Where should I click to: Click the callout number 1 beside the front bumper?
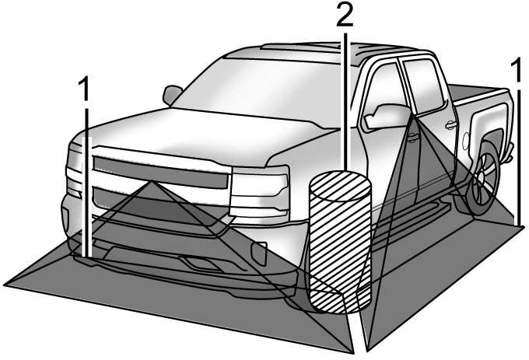(x=84, y=89)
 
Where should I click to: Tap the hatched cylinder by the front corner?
(x=340, y=242)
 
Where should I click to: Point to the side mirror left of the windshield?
(x=171, y=94)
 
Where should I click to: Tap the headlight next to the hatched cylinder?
(x=259, y=191)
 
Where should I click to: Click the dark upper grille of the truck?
(x=160, y=173)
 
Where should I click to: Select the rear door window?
(x=422, y=87)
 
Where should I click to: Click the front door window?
(x=384, y=98)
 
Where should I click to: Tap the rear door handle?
(x=450, y=125)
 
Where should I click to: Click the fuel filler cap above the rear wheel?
(x=466, y=141)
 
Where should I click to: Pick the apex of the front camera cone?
(x=151, y=182)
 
